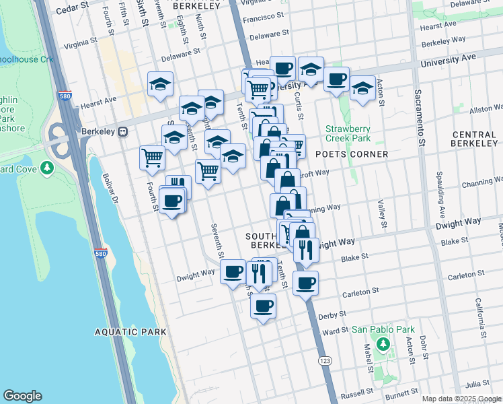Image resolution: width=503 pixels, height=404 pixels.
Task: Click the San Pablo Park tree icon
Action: click(383, 345)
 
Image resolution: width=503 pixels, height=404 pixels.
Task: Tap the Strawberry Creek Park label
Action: click(348, 133)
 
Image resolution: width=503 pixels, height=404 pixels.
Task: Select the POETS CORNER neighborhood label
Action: click(352, 154)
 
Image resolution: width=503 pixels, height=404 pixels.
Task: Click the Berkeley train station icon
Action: click(123, 132)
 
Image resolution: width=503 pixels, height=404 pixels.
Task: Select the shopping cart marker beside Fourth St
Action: click(153, 158)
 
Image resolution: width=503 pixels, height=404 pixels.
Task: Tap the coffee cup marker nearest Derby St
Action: click(263, 306)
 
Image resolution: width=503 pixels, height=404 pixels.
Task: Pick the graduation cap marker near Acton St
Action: click(362, 88)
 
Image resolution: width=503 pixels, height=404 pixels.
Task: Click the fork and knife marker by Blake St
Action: click(306, 250)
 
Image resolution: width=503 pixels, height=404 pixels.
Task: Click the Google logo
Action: click(22, 396)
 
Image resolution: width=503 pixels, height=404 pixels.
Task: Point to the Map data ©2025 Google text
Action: click(461, 399)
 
